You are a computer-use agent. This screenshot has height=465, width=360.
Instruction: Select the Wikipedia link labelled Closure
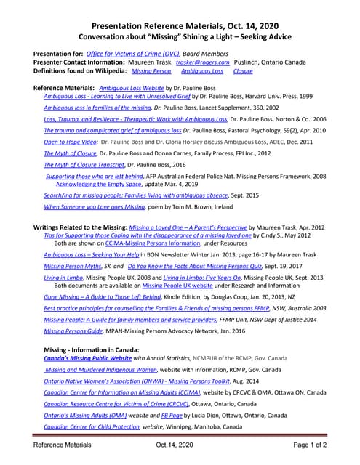tap(243, 72)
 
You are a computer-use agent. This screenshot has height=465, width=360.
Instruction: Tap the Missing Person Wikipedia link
tap(151, 72)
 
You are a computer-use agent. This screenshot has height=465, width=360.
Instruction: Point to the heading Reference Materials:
tap(64, 87)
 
